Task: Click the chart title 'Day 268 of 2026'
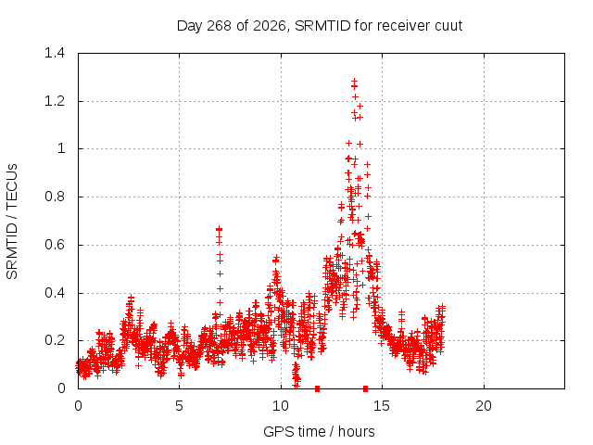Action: pos(231,26)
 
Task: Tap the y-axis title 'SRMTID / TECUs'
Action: pos(12,222)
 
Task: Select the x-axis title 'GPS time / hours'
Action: pos(319,431)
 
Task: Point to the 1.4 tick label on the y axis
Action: pos(55,53)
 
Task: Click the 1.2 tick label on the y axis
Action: pos(55,101)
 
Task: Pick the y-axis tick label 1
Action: pos(61,148)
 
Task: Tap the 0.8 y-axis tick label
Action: pos(55,197)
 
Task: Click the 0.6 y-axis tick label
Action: pos(55,245)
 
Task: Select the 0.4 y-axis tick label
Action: pos(55,293)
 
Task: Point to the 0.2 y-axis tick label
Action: pos(55,340)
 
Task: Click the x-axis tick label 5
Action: pos(179,406)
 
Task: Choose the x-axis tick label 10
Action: pos(281,406)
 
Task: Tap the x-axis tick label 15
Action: pos(382,406)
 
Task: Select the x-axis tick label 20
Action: pos(484,406)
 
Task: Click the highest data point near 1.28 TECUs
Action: pos(354,81)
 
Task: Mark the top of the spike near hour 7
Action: pos(219,229)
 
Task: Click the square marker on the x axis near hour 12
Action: pos(317,388)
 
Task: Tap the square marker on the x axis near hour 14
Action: pos(365,388)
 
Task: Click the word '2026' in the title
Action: pos(269,26)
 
